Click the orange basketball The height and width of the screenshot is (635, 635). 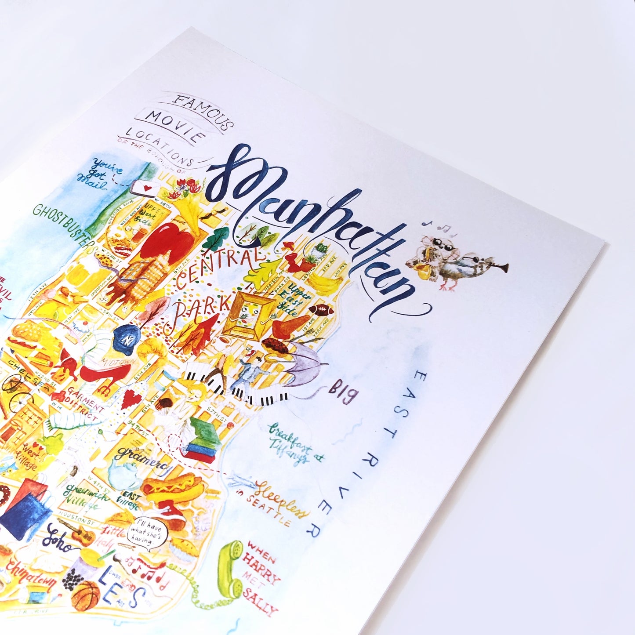(86, 597)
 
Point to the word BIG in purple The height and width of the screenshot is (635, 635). (343, 392)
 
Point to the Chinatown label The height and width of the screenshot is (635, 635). (29, 574)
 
